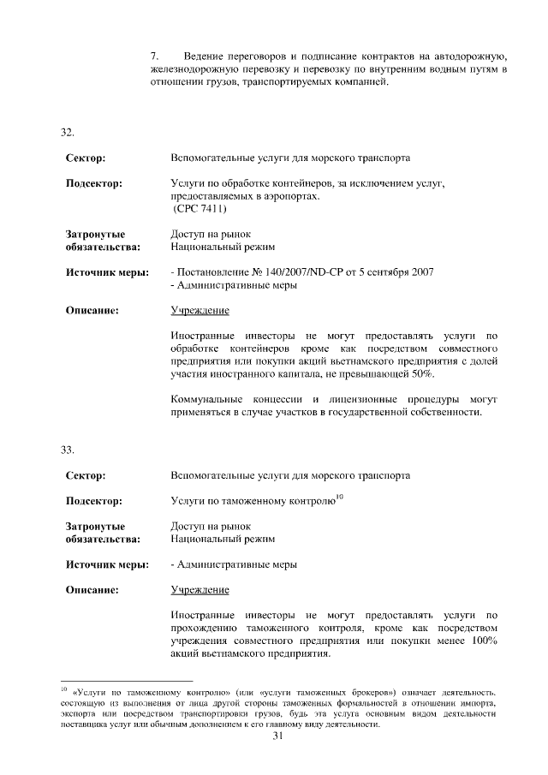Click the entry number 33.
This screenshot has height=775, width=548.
(x=67, y=449)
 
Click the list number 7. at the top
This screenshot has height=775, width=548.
(x=154, y=57)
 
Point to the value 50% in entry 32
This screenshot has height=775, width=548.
(x=421, y=375)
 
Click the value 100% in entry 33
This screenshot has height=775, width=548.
(x=479, y=642)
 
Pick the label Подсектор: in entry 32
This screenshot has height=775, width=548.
(x=93, y=182)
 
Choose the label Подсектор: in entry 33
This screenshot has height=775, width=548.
(x=93, y=501)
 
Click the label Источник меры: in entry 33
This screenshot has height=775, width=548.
(x=107, y=564)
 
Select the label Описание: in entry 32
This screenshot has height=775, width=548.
(x=92, y=310)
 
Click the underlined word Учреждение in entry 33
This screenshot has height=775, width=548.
(x=200, y=590)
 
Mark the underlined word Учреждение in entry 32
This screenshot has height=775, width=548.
(x=200, y=310)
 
